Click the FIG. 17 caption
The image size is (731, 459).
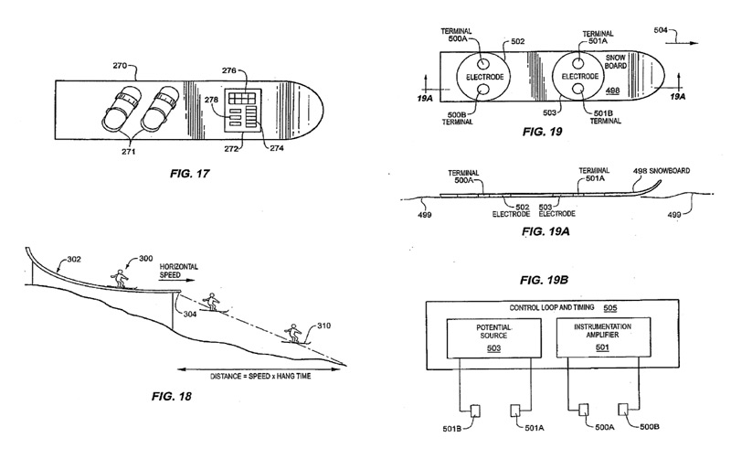click(190, 174)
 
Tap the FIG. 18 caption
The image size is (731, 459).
click(172, 397)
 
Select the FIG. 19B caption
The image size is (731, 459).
click(544, 280)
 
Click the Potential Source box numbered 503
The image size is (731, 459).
click(494, 337)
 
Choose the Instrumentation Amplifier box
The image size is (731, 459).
click(603, 337)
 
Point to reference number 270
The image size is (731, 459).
click(120, 66)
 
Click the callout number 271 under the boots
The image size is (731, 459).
click(129, 151)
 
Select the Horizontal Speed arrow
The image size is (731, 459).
click(176, 281)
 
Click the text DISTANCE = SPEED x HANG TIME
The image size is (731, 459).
click(260, 376)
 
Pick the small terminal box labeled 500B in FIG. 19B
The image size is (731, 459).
click(624, 409)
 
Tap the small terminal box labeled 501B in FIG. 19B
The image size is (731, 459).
click(475, 411)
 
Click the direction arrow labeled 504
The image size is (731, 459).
click(682, 43)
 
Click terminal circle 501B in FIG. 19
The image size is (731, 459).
click(578, 89)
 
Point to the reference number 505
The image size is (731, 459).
click(609, 308)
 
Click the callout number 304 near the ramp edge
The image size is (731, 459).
click(190, 314)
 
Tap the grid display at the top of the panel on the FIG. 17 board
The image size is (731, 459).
click(242, 98)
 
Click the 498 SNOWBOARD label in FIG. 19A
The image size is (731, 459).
click(661, 171)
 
